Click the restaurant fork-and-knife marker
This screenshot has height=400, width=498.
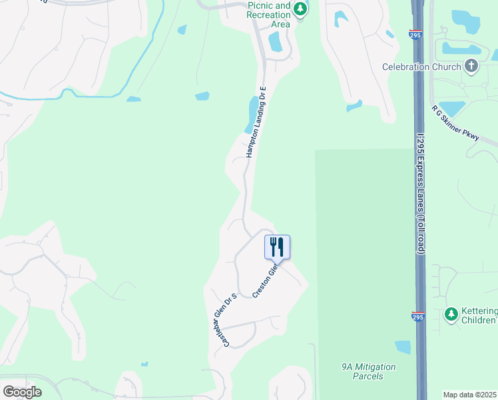point(278,247)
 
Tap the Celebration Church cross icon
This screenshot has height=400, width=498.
point(471,65)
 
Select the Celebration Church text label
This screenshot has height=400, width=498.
point(421,67)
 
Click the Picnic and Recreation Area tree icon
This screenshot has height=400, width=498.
point(301,9)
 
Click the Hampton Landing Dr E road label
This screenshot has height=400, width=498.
point(256,122)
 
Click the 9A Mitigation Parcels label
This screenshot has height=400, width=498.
point(368,371)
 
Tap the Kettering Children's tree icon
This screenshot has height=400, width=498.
point(451,313)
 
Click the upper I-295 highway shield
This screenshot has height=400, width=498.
point(415,34)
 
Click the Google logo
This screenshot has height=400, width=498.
point(22,391)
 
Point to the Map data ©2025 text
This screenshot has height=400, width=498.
point(469,395)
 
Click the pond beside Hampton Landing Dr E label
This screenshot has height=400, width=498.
point(252,114)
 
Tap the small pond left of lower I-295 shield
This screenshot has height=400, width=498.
point(403,347)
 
